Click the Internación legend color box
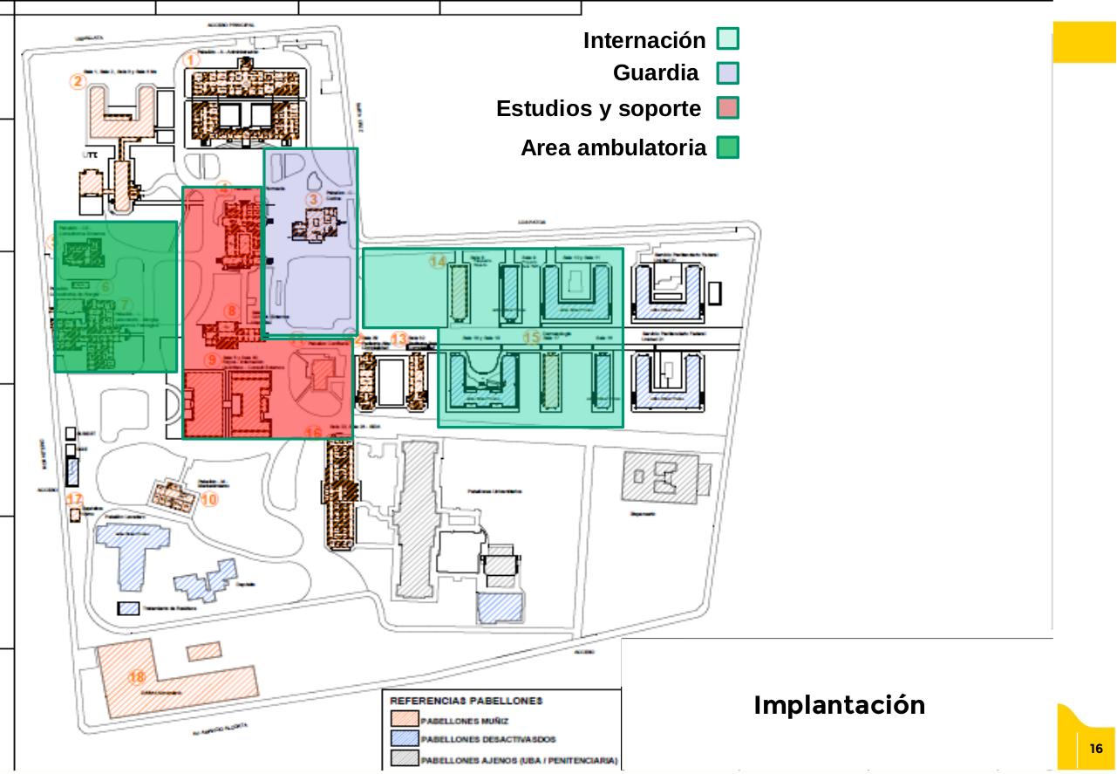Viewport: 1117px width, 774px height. pyautogui.click(x=727, y=39)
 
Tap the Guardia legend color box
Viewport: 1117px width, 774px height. pyautogui.click(x=727, y=73)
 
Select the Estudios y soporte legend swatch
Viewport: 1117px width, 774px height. pyautogui.click(x=727, y=109)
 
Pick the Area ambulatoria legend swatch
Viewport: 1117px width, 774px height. pyautogui.click(x=727, y=147)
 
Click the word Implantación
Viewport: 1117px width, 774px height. pyautogui.click(x=839, y=705)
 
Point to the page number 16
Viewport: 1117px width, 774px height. pyautogui.click(x=1096, y=749)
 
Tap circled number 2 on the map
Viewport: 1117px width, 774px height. pyautogui.click(x=78, y=82)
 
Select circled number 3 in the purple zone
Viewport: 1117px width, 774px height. pyautogui.click(x=314, y=200)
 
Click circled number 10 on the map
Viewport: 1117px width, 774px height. pyautogui.click(x=208, y=500)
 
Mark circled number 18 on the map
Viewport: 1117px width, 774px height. pyautogui.click(x=137, y=676)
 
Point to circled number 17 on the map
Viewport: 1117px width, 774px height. pyautogui.click(x=75, y=499)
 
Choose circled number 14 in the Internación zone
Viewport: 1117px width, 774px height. pyautogui.click(x=438, y=261)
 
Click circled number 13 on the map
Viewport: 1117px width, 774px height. pyautogui.click(x=398, y=339)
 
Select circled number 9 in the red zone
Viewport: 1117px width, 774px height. pyautogui.click(x=211, y=360)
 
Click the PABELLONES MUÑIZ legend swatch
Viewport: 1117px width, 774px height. pyautogui.click(x=404, y=720)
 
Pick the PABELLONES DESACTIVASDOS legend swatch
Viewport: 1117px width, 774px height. pyautogui.click(x=404, y=740)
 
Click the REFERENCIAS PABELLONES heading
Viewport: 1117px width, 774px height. pyautogui.click(x=466, y=700)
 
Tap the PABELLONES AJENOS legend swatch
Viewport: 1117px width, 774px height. pyautogui.click(x=404, y=759)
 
